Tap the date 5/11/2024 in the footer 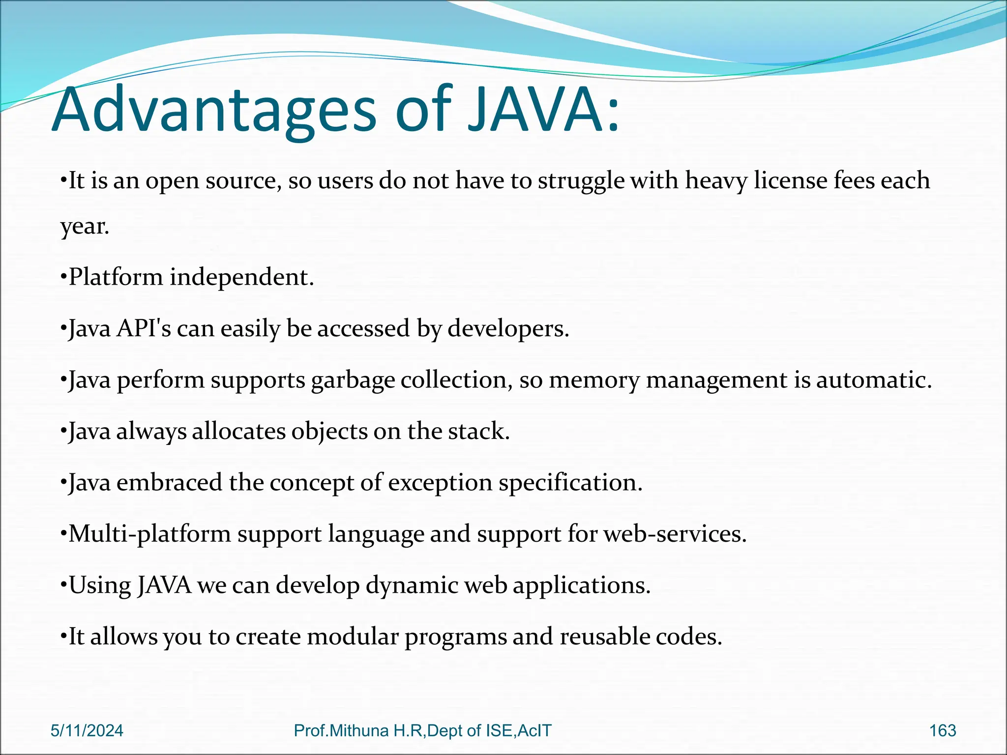tap(87, 730)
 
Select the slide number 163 tap(943, 730)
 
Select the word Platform tap(116, 277)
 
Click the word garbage tap(353, 380)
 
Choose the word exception tap(440, 483)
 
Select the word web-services tap(675, 534)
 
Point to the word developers tap(508, 328)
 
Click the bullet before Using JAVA tap(63, 585)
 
